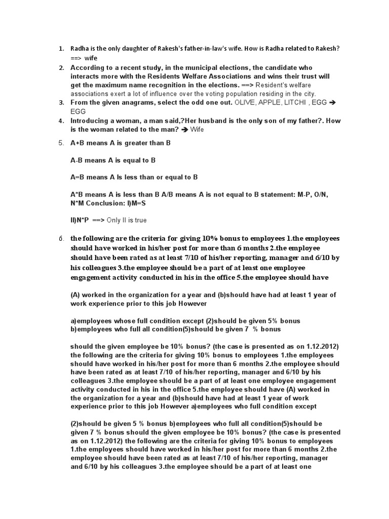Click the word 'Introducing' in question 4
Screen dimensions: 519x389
(90, 121)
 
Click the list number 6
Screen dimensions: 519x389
(59, 239)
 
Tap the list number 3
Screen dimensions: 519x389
(60, 102)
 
